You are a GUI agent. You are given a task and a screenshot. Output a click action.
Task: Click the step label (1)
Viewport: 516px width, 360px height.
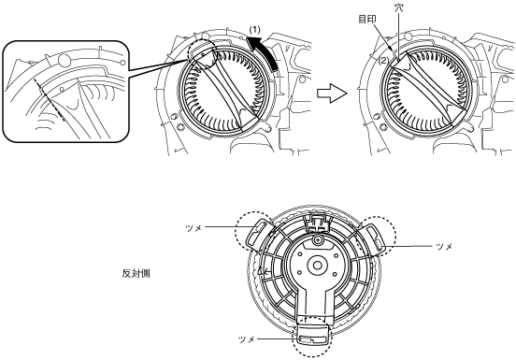click(x=254, y=30)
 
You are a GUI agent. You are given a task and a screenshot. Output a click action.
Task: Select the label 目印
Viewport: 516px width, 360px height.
click(x=367, y=19)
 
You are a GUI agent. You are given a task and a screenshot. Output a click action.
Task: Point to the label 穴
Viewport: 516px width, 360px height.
click(x=399, y=7)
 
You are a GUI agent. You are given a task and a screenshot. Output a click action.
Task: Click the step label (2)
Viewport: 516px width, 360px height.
click(x=383, y=61)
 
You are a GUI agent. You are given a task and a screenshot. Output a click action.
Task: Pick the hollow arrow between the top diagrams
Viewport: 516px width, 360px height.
click(x=332, y=94)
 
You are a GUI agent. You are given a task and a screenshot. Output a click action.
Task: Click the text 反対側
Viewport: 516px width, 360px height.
click(x=136, y=273)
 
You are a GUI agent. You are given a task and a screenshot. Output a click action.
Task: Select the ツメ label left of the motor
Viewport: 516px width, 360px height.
click(x=193, y=228)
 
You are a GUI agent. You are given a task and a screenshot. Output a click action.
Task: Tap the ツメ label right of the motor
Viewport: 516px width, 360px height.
click(x=444, y=247)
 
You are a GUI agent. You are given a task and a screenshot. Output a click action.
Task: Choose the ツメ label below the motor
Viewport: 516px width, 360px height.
click(x=247, y=339)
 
